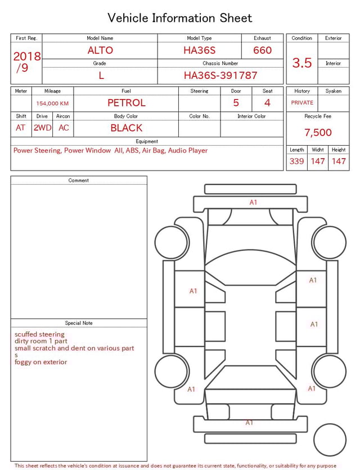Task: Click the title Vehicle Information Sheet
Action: (180, 18)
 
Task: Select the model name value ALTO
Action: (100, 50)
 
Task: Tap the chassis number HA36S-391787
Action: (220, 75)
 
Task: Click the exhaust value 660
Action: (262, 50)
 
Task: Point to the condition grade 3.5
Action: (302, 63)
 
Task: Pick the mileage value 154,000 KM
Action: (52, 104)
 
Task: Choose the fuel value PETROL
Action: (127, 103)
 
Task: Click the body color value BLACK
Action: (127, 128)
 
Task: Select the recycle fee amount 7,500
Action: (318, 133)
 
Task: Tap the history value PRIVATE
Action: (302, 103)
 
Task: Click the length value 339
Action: (296, 162)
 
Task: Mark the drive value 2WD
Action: (42, 128)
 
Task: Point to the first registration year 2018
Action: (27, 57)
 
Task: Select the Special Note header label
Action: (79, 323)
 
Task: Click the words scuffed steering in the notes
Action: (39, 334)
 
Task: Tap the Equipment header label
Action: (147, 141)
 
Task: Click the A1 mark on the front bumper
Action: (253, 203)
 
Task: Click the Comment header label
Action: (79, 181)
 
